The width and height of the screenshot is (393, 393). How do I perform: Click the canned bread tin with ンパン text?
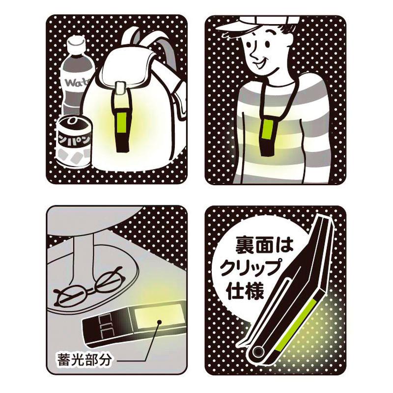coord(73,142)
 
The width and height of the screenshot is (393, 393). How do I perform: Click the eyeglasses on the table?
coord(88,291)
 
